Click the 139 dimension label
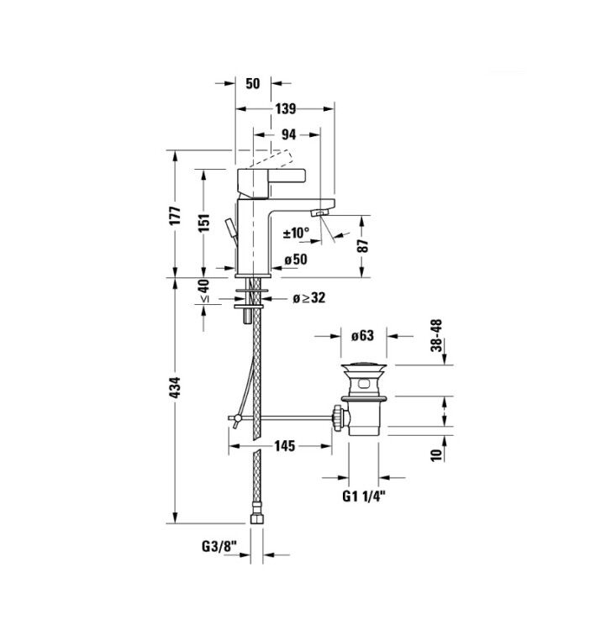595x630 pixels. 286,109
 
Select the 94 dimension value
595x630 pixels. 288,134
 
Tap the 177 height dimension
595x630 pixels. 176,216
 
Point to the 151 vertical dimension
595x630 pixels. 204,223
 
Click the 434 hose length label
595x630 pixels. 176,387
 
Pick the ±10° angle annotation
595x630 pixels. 297,233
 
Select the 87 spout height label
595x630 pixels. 362,245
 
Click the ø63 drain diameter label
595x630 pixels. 362,335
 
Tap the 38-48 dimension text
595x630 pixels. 437,335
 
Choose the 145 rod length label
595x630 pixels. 285,446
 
